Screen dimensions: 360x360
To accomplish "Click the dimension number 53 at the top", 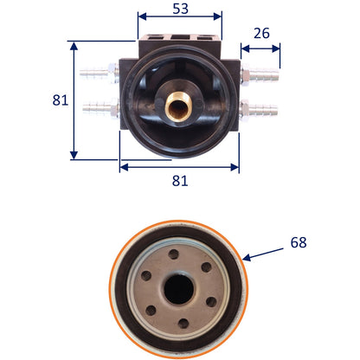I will (178, 9).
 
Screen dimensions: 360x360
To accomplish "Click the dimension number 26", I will (261, 34).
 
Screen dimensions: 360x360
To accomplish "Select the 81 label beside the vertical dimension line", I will (60, 100).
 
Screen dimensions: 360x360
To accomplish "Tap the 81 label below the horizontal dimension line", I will (179, 180).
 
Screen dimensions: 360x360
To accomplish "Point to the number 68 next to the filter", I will (299, 242).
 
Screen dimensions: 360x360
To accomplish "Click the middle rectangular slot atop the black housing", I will (178, 37).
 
